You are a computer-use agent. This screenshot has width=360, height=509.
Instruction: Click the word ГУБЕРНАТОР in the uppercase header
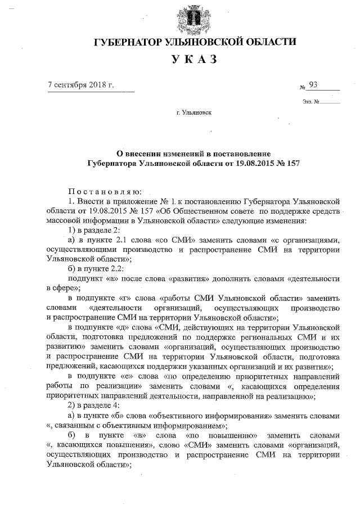pyautogui.click(x=127, y=43)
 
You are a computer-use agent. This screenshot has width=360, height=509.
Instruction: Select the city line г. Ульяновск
pyautogui.click(x=193, y=113)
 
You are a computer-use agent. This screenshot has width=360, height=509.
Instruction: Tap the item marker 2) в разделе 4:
pyautogui.click(x=97, y=404)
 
